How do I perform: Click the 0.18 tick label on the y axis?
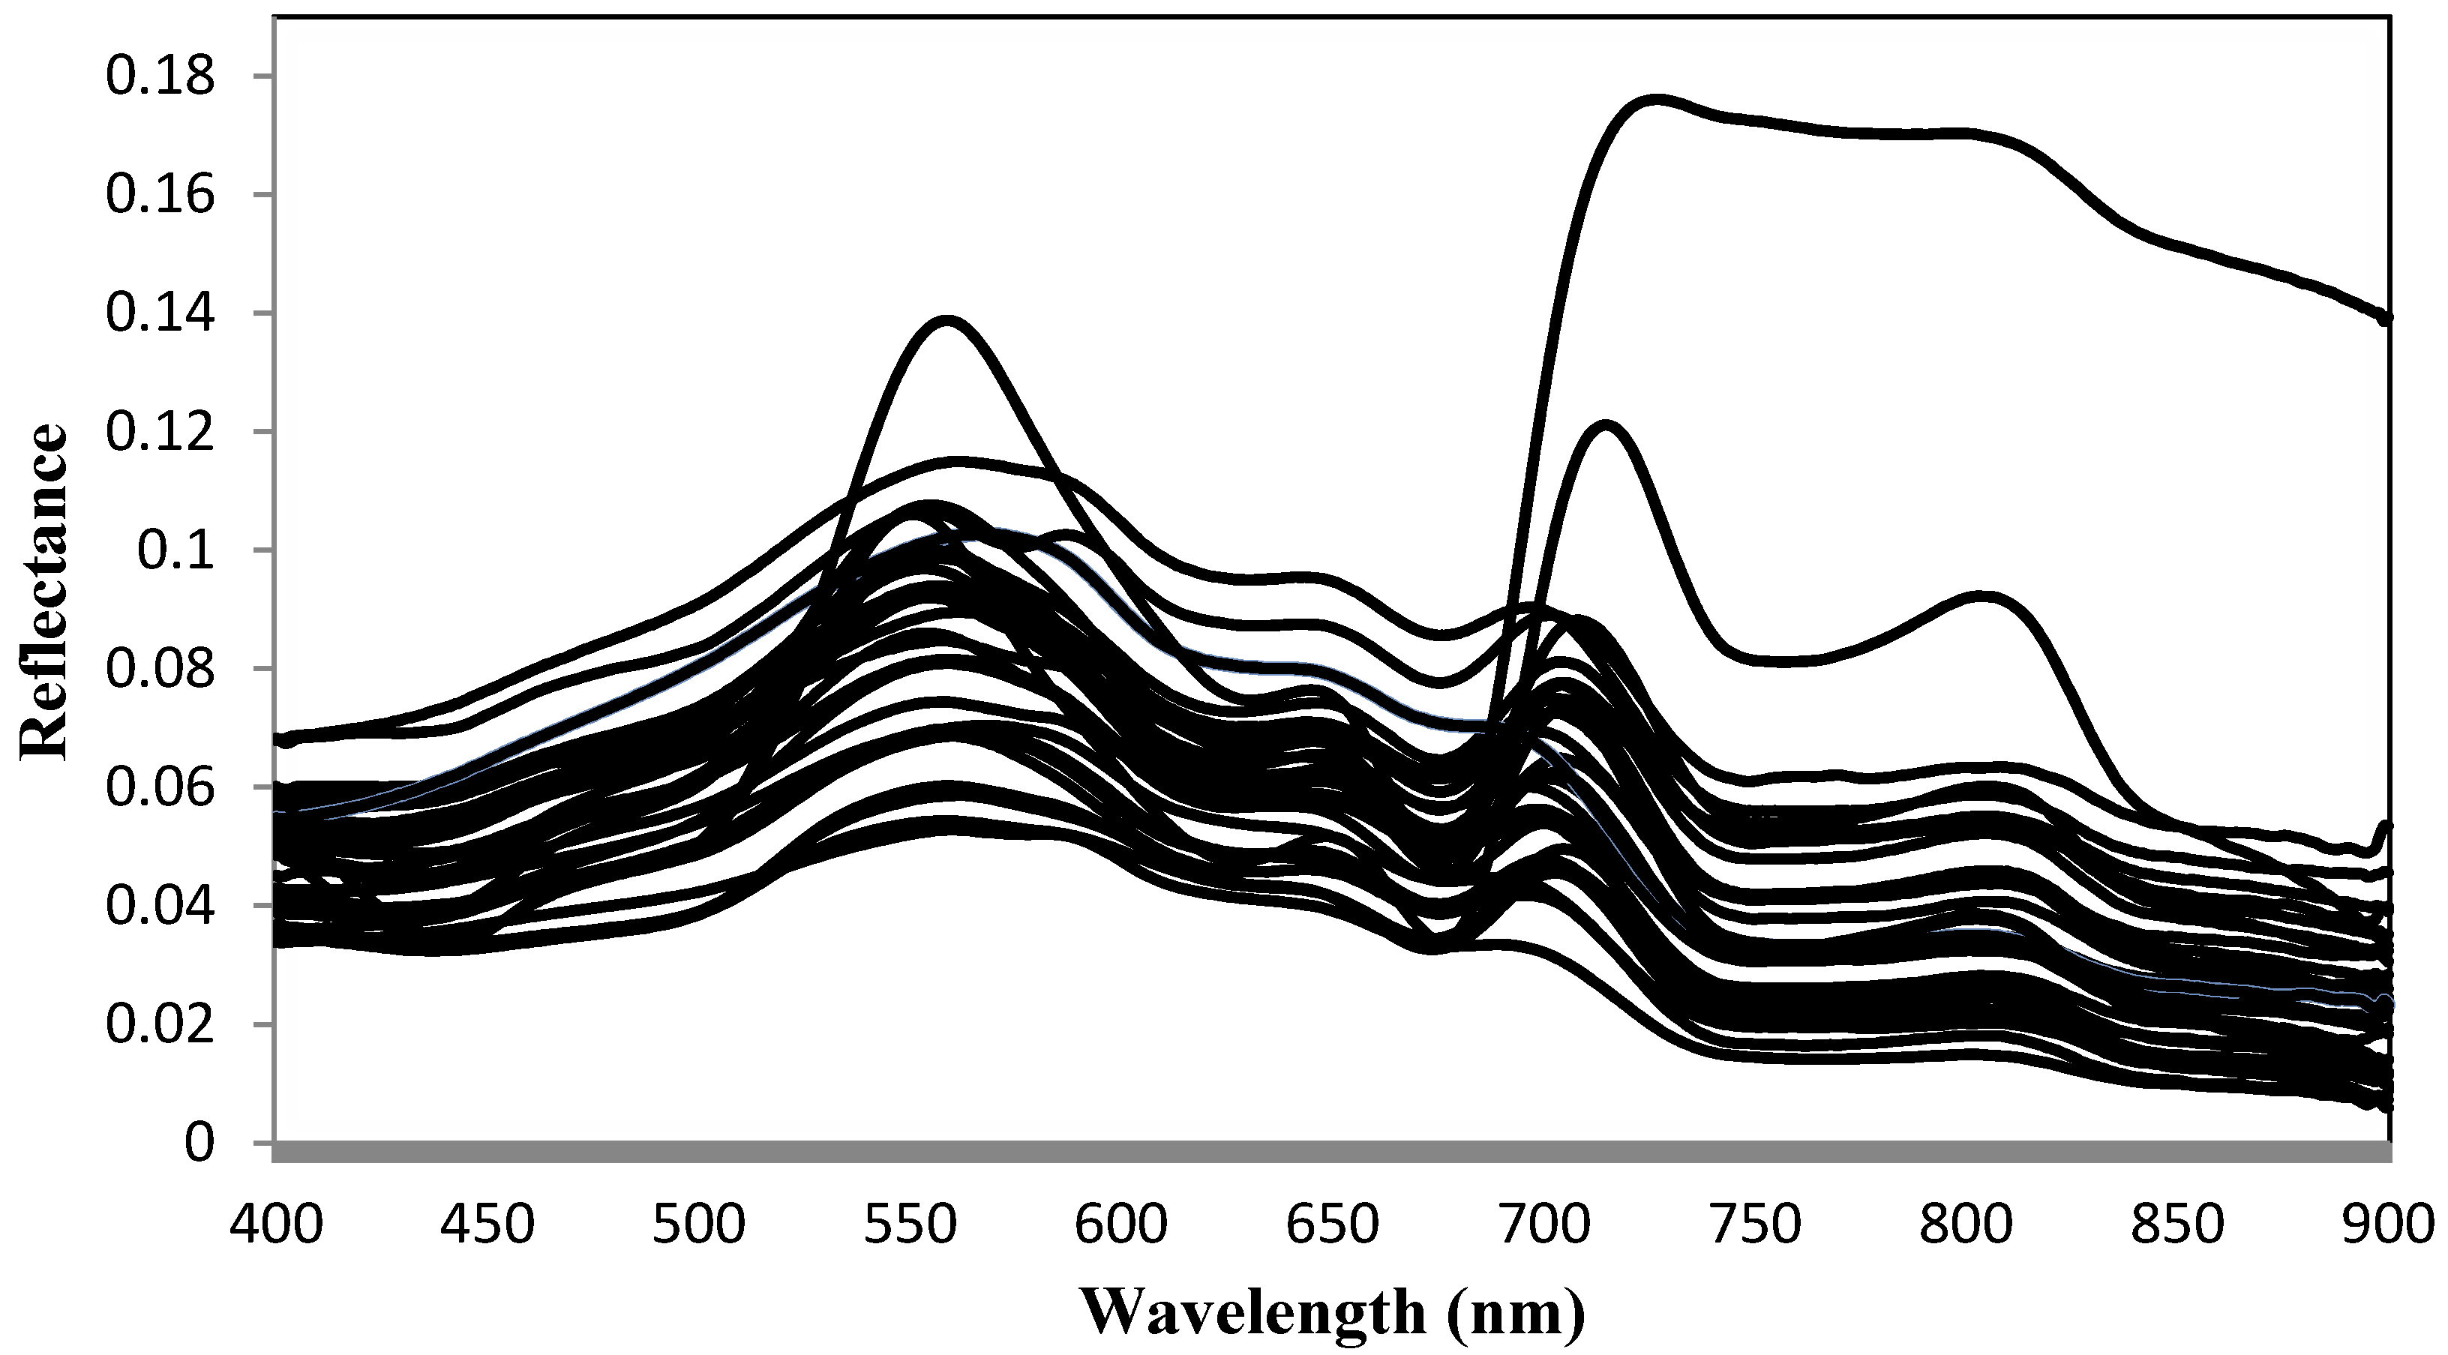(160, 77)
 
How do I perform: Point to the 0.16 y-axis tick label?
(160, 196)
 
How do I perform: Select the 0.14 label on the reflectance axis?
(160, 313)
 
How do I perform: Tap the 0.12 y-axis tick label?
(160, 433)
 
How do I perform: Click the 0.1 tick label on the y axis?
(177, 551)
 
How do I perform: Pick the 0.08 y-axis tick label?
(160, 669)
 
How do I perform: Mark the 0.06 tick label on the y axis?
(160, 787)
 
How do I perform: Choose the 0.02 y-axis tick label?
(160, 1024)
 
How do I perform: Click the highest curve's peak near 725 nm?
(1655, 98)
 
